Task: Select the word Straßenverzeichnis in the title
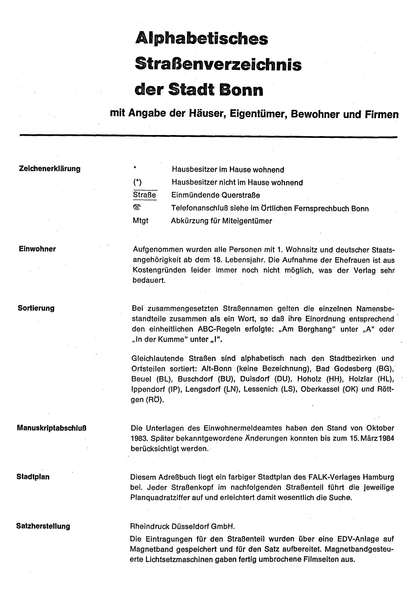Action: click(x=218, y=64)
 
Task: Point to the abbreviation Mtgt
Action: click(x=140, y=221)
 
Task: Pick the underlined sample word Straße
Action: click(x=145, y=195)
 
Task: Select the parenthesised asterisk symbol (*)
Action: click(x=137, y=183)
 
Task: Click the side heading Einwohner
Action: click(x=37, y=249)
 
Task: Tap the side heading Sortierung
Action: click(x=36, y=308)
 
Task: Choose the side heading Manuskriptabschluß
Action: click(x=51, y=428)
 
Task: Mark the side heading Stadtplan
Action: click(x=33, y=477)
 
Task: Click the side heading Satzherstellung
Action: click(x=43, y=526)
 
